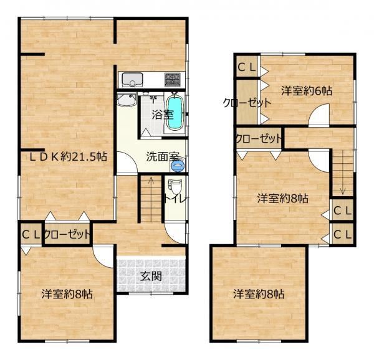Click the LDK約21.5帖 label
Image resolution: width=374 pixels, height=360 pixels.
pos(68,157)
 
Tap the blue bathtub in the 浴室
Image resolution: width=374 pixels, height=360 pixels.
pos(175,113)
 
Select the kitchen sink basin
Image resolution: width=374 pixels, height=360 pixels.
pos(132,80)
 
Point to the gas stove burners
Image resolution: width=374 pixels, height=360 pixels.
pos(173,80)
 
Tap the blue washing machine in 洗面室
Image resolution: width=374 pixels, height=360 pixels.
pos(178,166)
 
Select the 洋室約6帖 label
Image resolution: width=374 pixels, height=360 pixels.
pos(307,91)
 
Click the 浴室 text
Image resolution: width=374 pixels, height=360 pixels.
pos(163,115)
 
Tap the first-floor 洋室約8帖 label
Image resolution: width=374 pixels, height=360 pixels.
pos(67,294)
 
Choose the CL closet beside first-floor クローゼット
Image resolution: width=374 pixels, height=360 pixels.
pos(31,235)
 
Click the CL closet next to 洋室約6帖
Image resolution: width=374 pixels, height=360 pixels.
pos(247,67)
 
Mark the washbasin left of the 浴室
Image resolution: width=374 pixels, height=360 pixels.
pos(127,100)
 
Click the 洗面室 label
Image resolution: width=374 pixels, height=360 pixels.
pos(163,156)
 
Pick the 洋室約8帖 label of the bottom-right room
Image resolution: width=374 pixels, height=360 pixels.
pos(259,294)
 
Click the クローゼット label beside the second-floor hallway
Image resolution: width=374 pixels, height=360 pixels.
pos(259,139)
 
